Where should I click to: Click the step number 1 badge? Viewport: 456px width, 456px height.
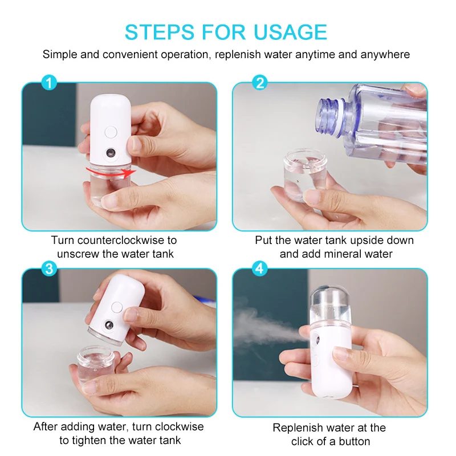click(50, 83)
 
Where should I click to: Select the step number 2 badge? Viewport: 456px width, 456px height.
click(260, 83)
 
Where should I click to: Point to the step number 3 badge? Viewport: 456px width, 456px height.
click(50, 269)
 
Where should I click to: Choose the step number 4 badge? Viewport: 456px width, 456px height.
click(260, 269)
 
